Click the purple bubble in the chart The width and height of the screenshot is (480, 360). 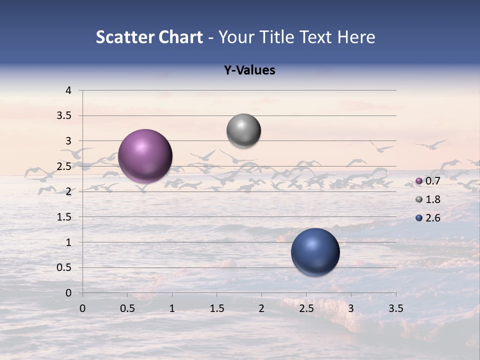click(x=145, y=156)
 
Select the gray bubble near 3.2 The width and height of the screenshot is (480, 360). click(x=243, y=131)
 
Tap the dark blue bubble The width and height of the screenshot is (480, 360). click(x=315, y=252)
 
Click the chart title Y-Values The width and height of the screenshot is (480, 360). click(x=249, y=70)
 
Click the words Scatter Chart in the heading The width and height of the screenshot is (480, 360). click(x=149, y=37)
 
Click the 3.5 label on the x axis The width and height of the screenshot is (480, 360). click(x=395, y=308)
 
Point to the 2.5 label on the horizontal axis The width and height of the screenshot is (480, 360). click(x=306, y=308)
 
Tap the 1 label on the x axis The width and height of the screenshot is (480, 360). click(x=172, y=308)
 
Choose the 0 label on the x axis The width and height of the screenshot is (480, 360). click(x=82, y=308)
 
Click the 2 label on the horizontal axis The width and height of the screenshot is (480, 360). click(x=261, y=308)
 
